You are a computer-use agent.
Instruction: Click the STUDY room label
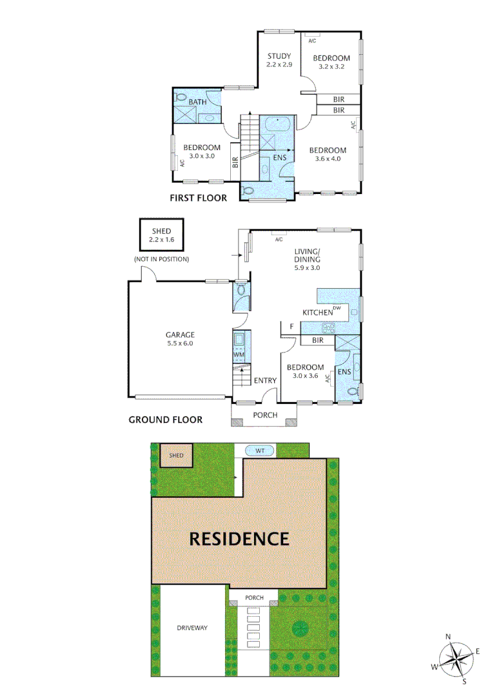279,55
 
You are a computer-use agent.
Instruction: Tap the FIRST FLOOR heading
198,198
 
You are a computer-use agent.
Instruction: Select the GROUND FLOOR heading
166,420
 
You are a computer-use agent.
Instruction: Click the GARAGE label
180,334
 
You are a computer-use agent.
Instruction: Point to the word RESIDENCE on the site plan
239,539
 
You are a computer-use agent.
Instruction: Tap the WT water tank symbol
261,451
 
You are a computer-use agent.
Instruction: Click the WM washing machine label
239,355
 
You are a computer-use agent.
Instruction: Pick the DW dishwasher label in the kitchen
337,307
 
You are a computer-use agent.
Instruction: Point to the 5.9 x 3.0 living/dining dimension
307,267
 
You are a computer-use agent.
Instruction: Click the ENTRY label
265,381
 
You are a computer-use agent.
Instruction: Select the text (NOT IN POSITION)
161,259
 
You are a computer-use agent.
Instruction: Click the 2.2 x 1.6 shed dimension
161,240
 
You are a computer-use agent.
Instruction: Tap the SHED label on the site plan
176,456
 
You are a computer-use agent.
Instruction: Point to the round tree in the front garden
299,627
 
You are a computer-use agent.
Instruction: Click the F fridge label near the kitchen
291,327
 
